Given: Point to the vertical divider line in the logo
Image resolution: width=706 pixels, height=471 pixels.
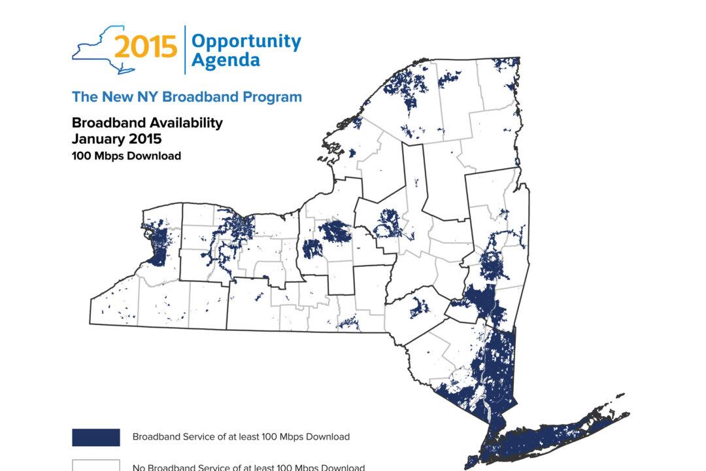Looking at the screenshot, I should coord(185,50).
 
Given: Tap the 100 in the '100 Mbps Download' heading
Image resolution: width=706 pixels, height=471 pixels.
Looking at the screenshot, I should coord(80,156).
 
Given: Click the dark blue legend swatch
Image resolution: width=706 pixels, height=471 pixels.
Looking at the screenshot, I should coord(95,437).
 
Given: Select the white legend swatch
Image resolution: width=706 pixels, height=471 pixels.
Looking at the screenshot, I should coord(95,466).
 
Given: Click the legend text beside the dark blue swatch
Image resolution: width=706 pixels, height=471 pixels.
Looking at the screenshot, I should coord(241,436).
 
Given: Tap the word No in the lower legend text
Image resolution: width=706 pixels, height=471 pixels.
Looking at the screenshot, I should coord(139,467).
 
